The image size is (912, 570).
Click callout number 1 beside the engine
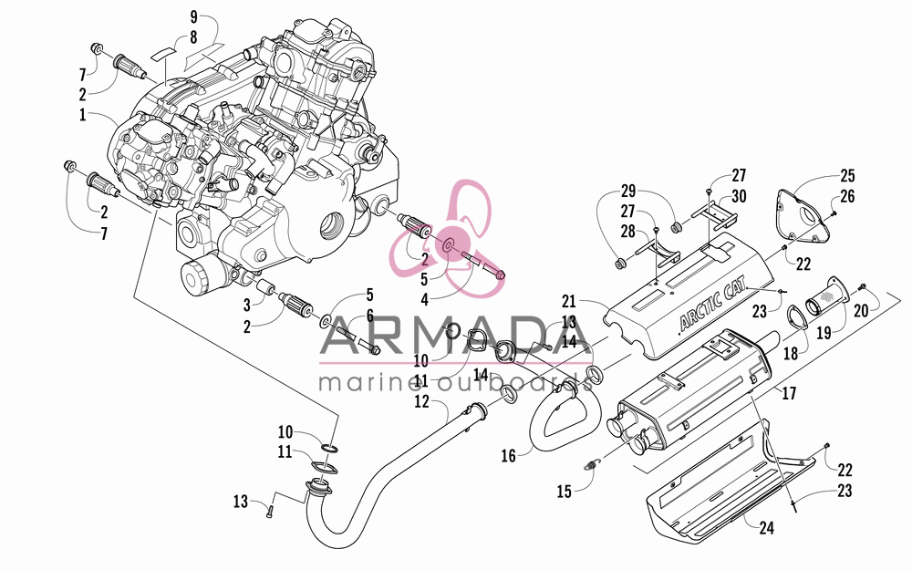(x=83, y=115)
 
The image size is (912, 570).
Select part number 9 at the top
(x=193, y=16)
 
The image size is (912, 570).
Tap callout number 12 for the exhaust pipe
(x=421, y=401)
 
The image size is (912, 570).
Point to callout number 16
(x=508, y=455)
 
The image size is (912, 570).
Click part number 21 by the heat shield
(x=568, y=301)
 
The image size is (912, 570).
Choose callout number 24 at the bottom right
(x=767, y=528)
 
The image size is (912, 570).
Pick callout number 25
(x=847, y=176)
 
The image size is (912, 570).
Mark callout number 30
(x=739, y=197)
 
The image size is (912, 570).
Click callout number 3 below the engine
(x=246, y=305)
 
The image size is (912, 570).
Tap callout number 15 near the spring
(x=565, y=492)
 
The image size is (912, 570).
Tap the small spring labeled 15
(x=592, y=464)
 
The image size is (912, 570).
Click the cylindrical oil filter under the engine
(x=194, y=278)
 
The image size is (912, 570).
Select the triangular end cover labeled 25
(x=804, y=214)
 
